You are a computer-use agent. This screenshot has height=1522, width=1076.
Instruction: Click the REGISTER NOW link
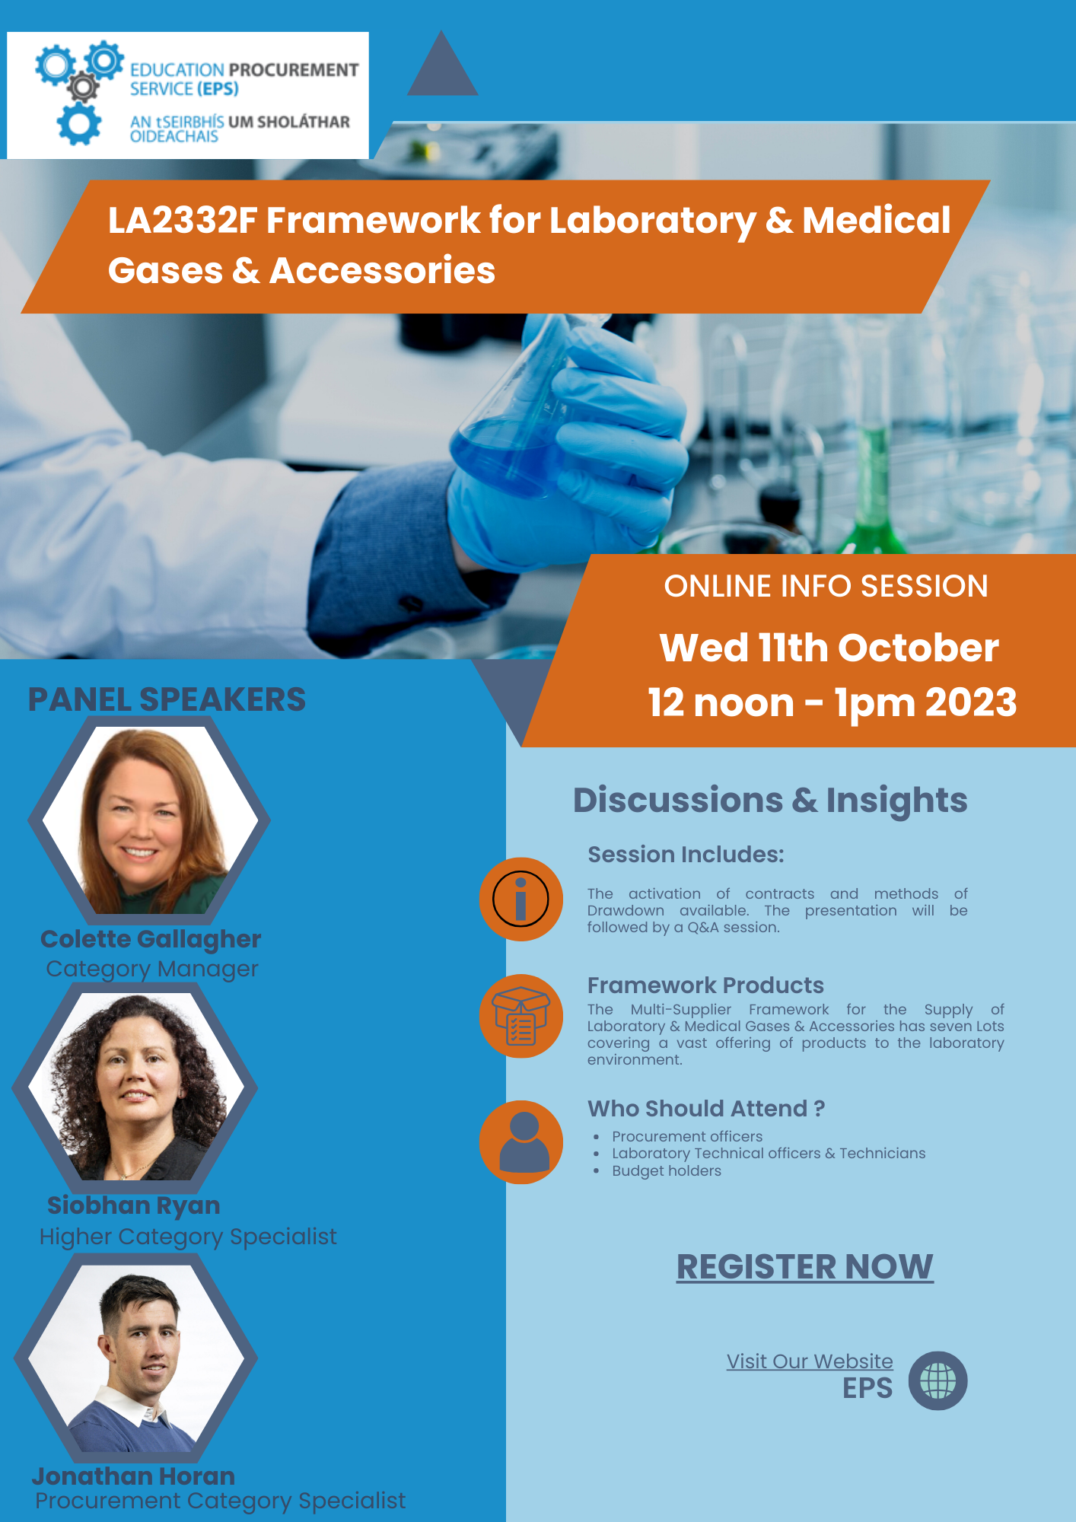click(804, 1267)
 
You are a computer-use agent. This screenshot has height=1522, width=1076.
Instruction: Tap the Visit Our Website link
click(809, 1361)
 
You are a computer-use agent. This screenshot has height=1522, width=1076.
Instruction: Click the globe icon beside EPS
click(938, 1380)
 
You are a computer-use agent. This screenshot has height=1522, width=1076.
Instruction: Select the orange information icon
click(521, 899)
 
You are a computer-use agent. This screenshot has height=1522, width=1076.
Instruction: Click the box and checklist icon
click(521, 1016)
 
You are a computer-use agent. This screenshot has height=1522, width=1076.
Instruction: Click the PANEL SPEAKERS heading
click(167, 699)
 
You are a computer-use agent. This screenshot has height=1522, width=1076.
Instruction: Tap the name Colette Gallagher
click(151, 939)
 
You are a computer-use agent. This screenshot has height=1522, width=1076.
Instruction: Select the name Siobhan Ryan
click(134, 1205)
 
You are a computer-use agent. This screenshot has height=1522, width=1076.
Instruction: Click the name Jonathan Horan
click(134, 1476)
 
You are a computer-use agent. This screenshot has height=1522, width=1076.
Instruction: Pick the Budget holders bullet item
click(666, 1170)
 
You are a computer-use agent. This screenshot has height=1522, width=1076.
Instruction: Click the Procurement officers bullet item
click(686, 1136)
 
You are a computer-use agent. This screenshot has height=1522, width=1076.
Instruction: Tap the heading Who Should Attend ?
click(705, 1109)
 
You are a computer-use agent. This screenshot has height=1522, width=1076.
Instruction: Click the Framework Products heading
click(705, 985)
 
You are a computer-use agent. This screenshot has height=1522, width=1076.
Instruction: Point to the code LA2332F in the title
click(182, 221)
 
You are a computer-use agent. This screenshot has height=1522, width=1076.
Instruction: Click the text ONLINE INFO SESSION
click(826, 586)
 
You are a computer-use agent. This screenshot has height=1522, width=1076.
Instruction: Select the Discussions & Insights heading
click(770, 800)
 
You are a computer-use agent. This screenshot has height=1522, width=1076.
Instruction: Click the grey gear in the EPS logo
click(83, 88)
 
